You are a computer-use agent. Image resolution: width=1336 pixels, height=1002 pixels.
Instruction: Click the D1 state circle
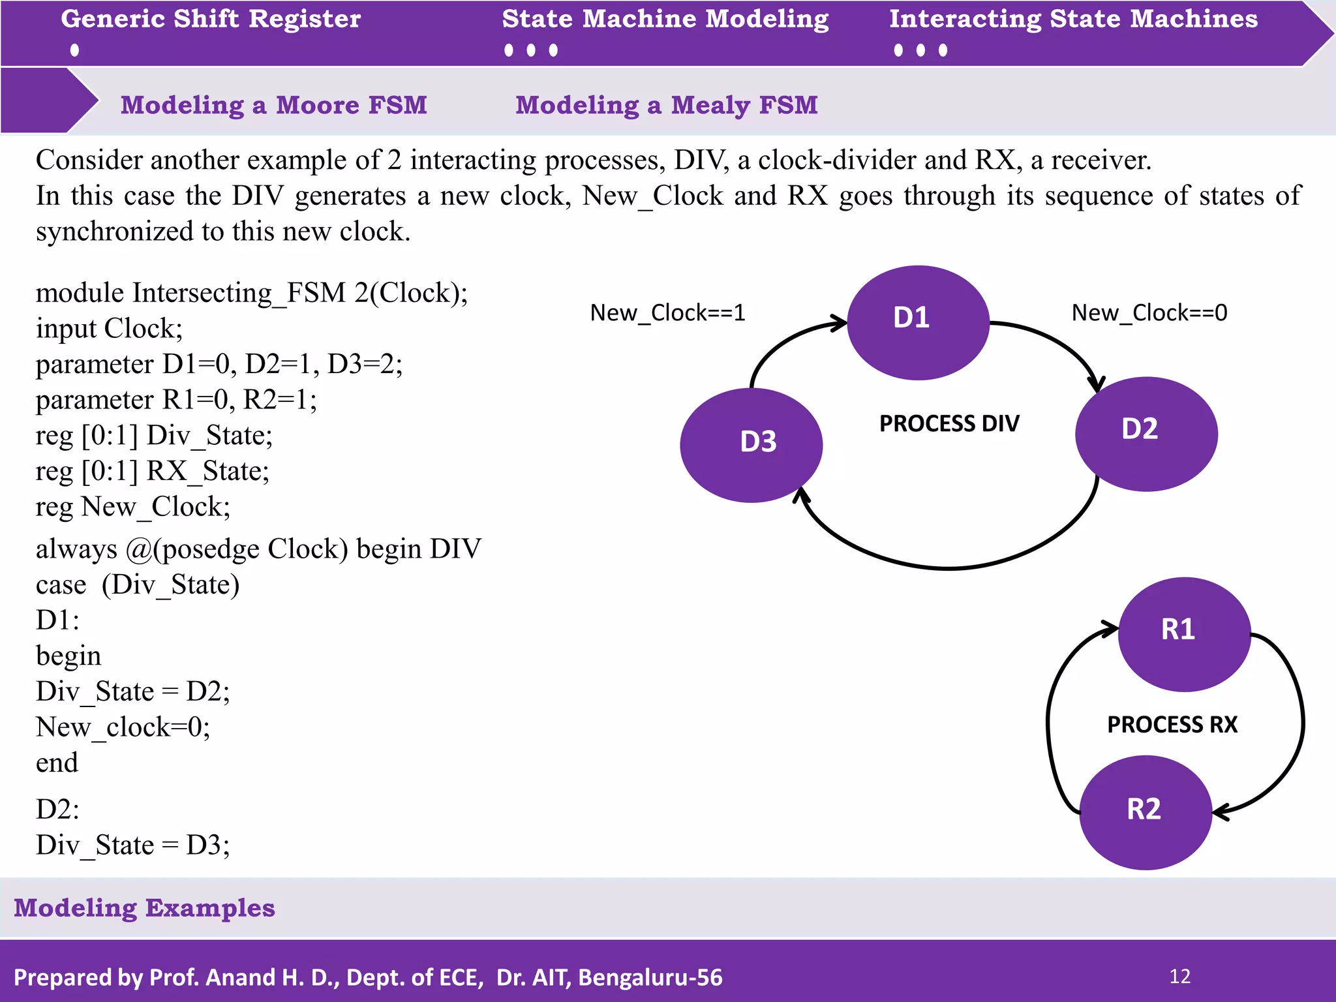tap(918, 322)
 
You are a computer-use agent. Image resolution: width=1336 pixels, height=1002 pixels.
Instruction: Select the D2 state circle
tap(1146, 434)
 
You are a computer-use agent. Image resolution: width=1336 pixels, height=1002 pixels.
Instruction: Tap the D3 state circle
tap(751, 445)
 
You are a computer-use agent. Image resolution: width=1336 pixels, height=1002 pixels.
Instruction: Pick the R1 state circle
tap(1184, 634)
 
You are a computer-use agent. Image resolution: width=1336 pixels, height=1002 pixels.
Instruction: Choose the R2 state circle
tap(1146, 812)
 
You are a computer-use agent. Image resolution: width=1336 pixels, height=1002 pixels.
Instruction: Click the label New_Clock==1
tap(667, 313)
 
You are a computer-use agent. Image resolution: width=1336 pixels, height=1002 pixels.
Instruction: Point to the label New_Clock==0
tap(1149, 313)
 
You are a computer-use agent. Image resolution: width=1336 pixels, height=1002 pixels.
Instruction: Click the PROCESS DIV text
tap(949, 424)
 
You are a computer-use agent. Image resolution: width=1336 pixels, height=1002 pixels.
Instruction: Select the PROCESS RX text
tap(1172, 725)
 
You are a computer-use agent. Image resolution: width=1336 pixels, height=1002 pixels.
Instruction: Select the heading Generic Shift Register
tap(211, 19)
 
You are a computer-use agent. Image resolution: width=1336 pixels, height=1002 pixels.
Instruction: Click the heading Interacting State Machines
tap(1073, 19)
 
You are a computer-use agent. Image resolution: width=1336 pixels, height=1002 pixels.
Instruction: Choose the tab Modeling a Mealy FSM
tap(666, 105)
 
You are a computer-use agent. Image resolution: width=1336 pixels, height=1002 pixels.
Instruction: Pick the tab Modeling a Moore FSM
tap(273, 105)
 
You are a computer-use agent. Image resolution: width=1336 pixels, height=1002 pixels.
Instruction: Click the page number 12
tap(1179, 977)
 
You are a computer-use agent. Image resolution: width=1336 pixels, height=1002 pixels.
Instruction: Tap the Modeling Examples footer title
tap(144, 908)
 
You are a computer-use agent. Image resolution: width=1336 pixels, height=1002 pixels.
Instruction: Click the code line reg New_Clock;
tap(133, 507)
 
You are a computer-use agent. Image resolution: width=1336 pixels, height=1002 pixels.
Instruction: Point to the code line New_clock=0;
tap(123, 727)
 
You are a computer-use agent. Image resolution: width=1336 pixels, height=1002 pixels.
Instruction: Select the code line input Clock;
tap(109, 328)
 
